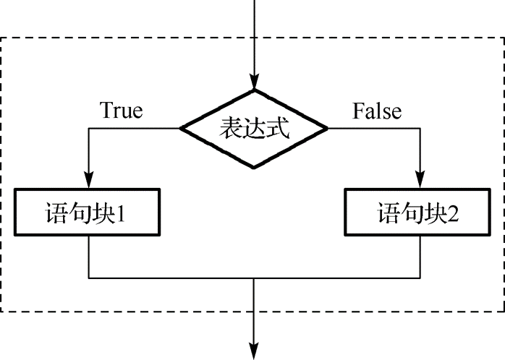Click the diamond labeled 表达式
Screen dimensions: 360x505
(x=254, y=129)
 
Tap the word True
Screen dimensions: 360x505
(x=121, y=111)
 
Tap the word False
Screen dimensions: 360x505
(x=376, y=111)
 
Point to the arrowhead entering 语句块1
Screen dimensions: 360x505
(x=88, y=184)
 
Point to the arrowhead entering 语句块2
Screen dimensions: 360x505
(x=419, y=184)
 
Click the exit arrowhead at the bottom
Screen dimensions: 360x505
(x=254, y=350)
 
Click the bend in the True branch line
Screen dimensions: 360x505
(x=88, y=129)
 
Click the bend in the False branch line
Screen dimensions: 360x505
(x=419, y=129)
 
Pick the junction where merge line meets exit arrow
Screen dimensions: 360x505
(x=254, y=278)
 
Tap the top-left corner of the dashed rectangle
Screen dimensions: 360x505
(x=2, y=38)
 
